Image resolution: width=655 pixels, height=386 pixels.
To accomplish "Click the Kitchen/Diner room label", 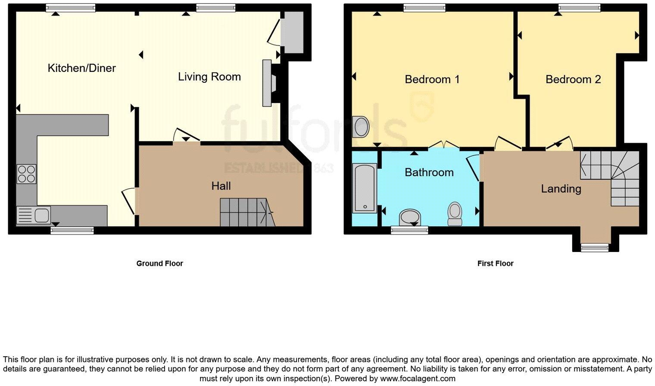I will coord(81,68).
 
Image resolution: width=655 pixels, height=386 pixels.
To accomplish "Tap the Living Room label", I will coord(209,77).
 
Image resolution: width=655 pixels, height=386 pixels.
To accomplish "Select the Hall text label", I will coord(221,186).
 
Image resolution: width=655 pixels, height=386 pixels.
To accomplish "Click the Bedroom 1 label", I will coord(432,79).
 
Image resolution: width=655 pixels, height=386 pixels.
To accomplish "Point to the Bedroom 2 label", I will coord(573,79).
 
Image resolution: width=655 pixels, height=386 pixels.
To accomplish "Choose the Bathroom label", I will coord(429,172).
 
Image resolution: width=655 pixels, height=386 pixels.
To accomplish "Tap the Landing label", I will coord(561,189).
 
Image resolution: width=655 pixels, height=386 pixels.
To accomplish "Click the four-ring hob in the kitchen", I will coord(26,174).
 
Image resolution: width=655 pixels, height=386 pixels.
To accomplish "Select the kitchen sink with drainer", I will coord(33,215).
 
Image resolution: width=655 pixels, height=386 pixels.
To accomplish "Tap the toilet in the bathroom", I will coord(455,213).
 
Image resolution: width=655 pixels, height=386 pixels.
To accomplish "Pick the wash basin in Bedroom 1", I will coord(360,127).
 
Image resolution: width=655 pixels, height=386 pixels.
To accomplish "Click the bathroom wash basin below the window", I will coord(410,217).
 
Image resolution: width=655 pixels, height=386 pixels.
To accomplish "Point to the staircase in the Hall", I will coord(246,212).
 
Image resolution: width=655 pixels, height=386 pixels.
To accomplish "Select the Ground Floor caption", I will coord(159,263).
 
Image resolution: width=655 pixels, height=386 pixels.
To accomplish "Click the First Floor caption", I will coord(495,263).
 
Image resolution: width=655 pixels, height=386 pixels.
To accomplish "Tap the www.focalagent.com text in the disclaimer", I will coord(417,379).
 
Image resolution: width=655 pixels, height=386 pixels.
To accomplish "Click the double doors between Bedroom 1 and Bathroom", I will coord(444,146).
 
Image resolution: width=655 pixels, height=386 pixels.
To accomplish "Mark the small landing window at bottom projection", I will coord(594,247).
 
